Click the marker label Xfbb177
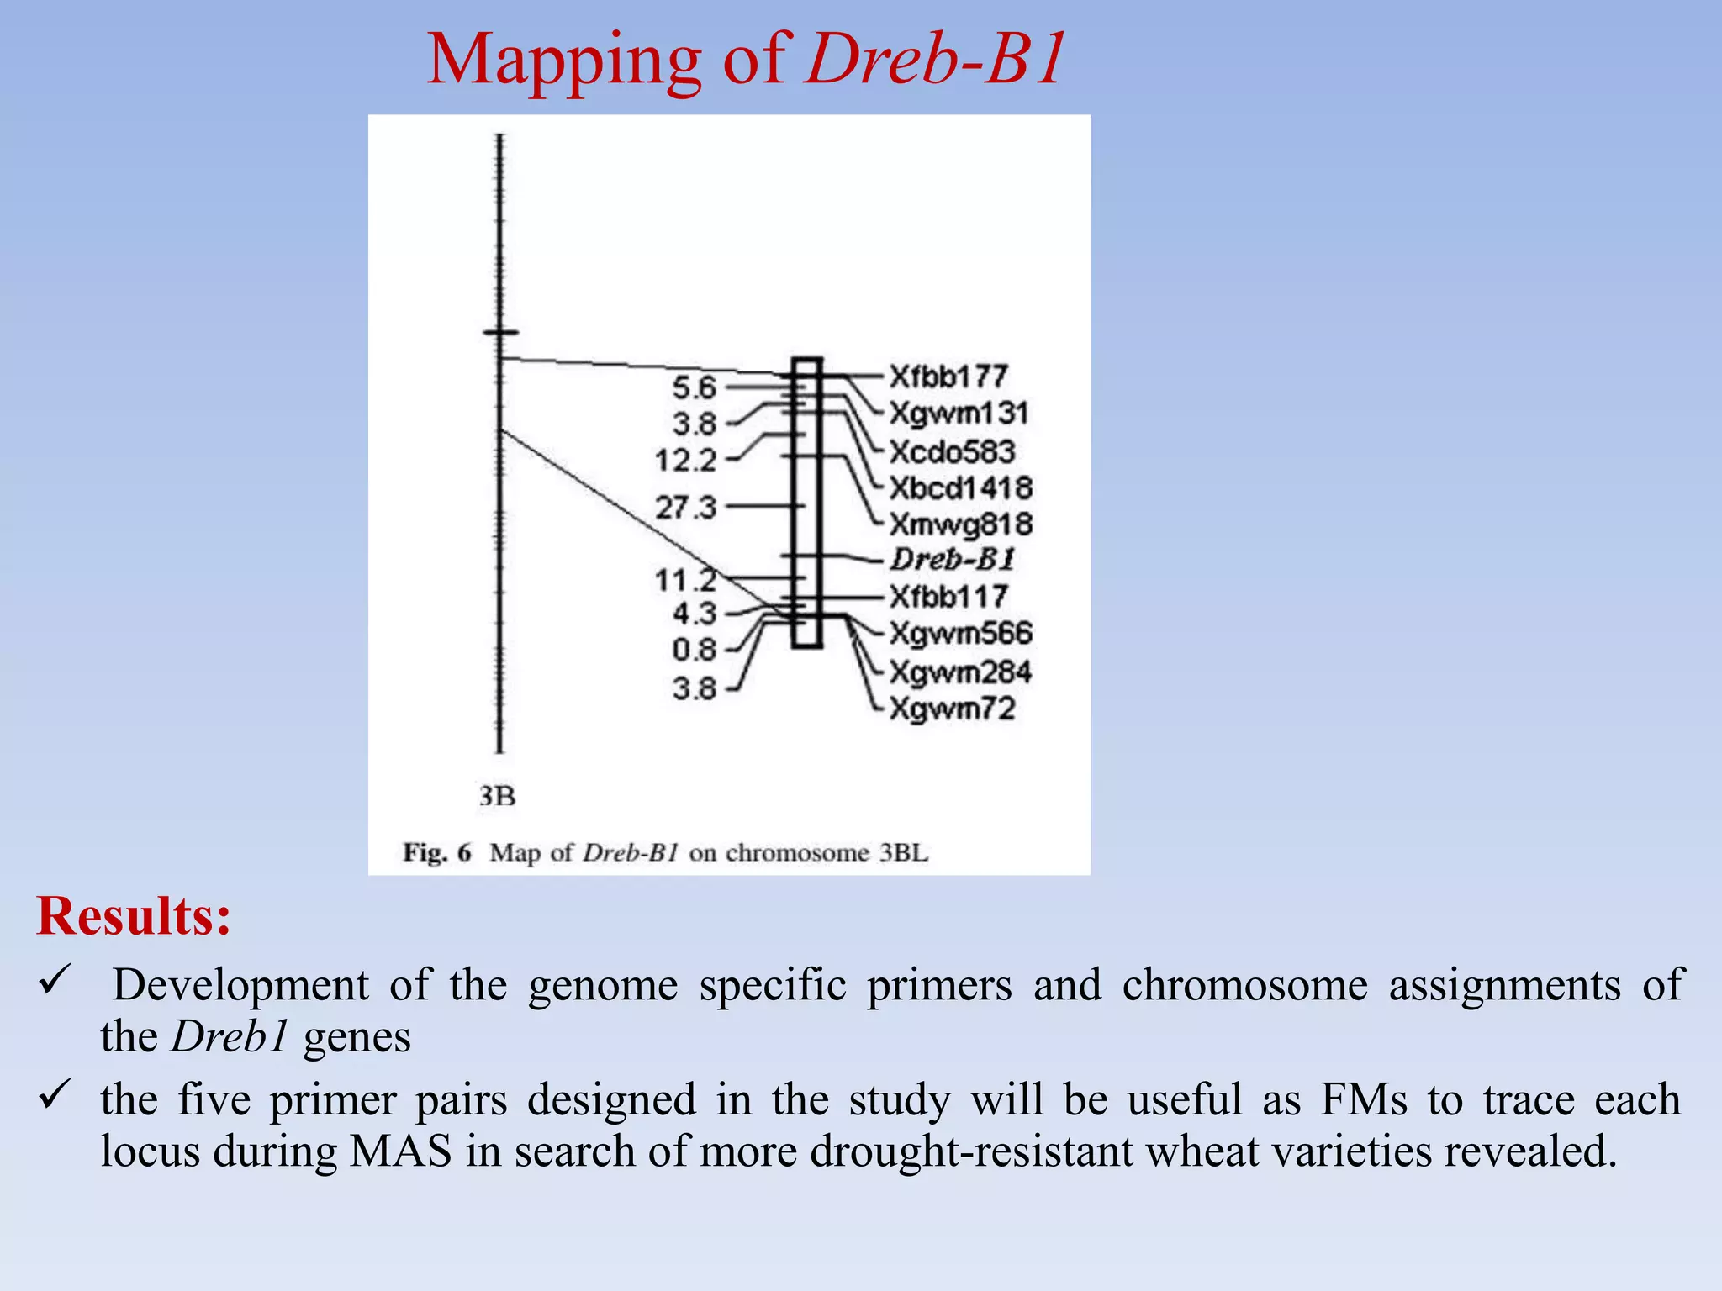948,377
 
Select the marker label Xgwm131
959,414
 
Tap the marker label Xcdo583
952,452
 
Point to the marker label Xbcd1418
960,488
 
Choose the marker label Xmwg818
960,524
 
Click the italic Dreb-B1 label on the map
953,560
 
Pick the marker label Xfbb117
948,597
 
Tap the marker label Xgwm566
960,634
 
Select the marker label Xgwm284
960,672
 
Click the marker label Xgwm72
952,709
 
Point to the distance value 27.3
685,508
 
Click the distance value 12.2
685,461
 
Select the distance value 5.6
694,387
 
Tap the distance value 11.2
685,580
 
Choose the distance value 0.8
694,650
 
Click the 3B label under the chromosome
497,796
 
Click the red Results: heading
133,915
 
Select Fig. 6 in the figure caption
437,853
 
